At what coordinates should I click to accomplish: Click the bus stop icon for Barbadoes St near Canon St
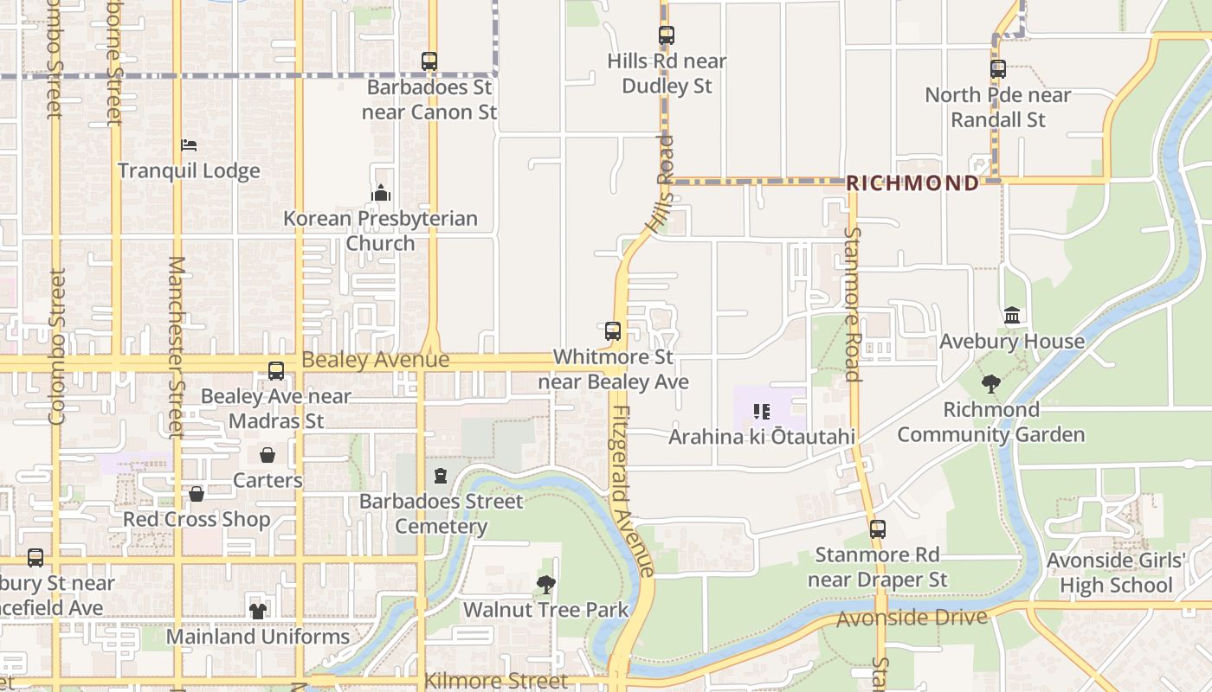tap(429, 61)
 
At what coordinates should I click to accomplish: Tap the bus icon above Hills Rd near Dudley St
tap(666, 35)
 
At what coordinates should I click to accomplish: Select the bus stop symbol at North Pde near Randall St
tap(998, 69)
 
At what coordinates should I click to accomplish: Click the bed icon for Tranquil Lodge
tap(189, 145)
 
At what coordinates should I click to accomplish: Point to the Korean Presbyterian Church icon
tap(381, 193)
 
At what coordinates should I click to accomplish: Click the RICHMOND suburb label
tap(912, 183)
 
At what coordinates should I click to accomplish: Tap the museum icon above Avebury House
tap(1012, 316)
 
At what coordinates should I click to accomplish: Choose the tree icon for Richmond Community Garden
tap(991, 384)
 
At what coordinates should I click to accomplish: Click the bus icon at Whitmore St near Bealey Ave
tap(613, 330)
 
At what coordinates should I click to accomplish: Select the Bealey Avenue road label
tap(375, 360)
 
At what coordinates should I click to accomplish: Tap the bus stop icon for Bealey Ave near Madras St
tap(276, 371)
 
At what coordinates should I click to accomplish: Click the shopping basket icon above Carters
tap(268, 455)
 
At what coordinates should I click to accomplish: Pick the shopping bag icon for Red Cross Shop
tap(197, 494)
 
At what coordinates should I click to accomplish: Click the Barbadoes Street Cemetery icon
tap(441, 476)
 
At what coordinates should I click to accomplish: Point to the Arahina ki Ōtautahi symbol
tap(762, 412)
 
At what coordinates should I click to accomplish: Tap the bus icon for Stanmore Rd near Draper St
tap(878, 529)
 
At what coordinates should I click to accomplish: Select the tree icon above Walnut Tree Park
tap(545, 585)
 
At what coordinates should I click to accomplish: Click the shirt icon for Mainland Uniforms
tap(258, 611)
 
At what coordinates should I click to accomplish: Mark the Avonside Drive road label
tap(912, 618)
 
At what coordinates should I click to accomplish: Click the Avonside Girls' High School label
tap(1116, 573)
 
